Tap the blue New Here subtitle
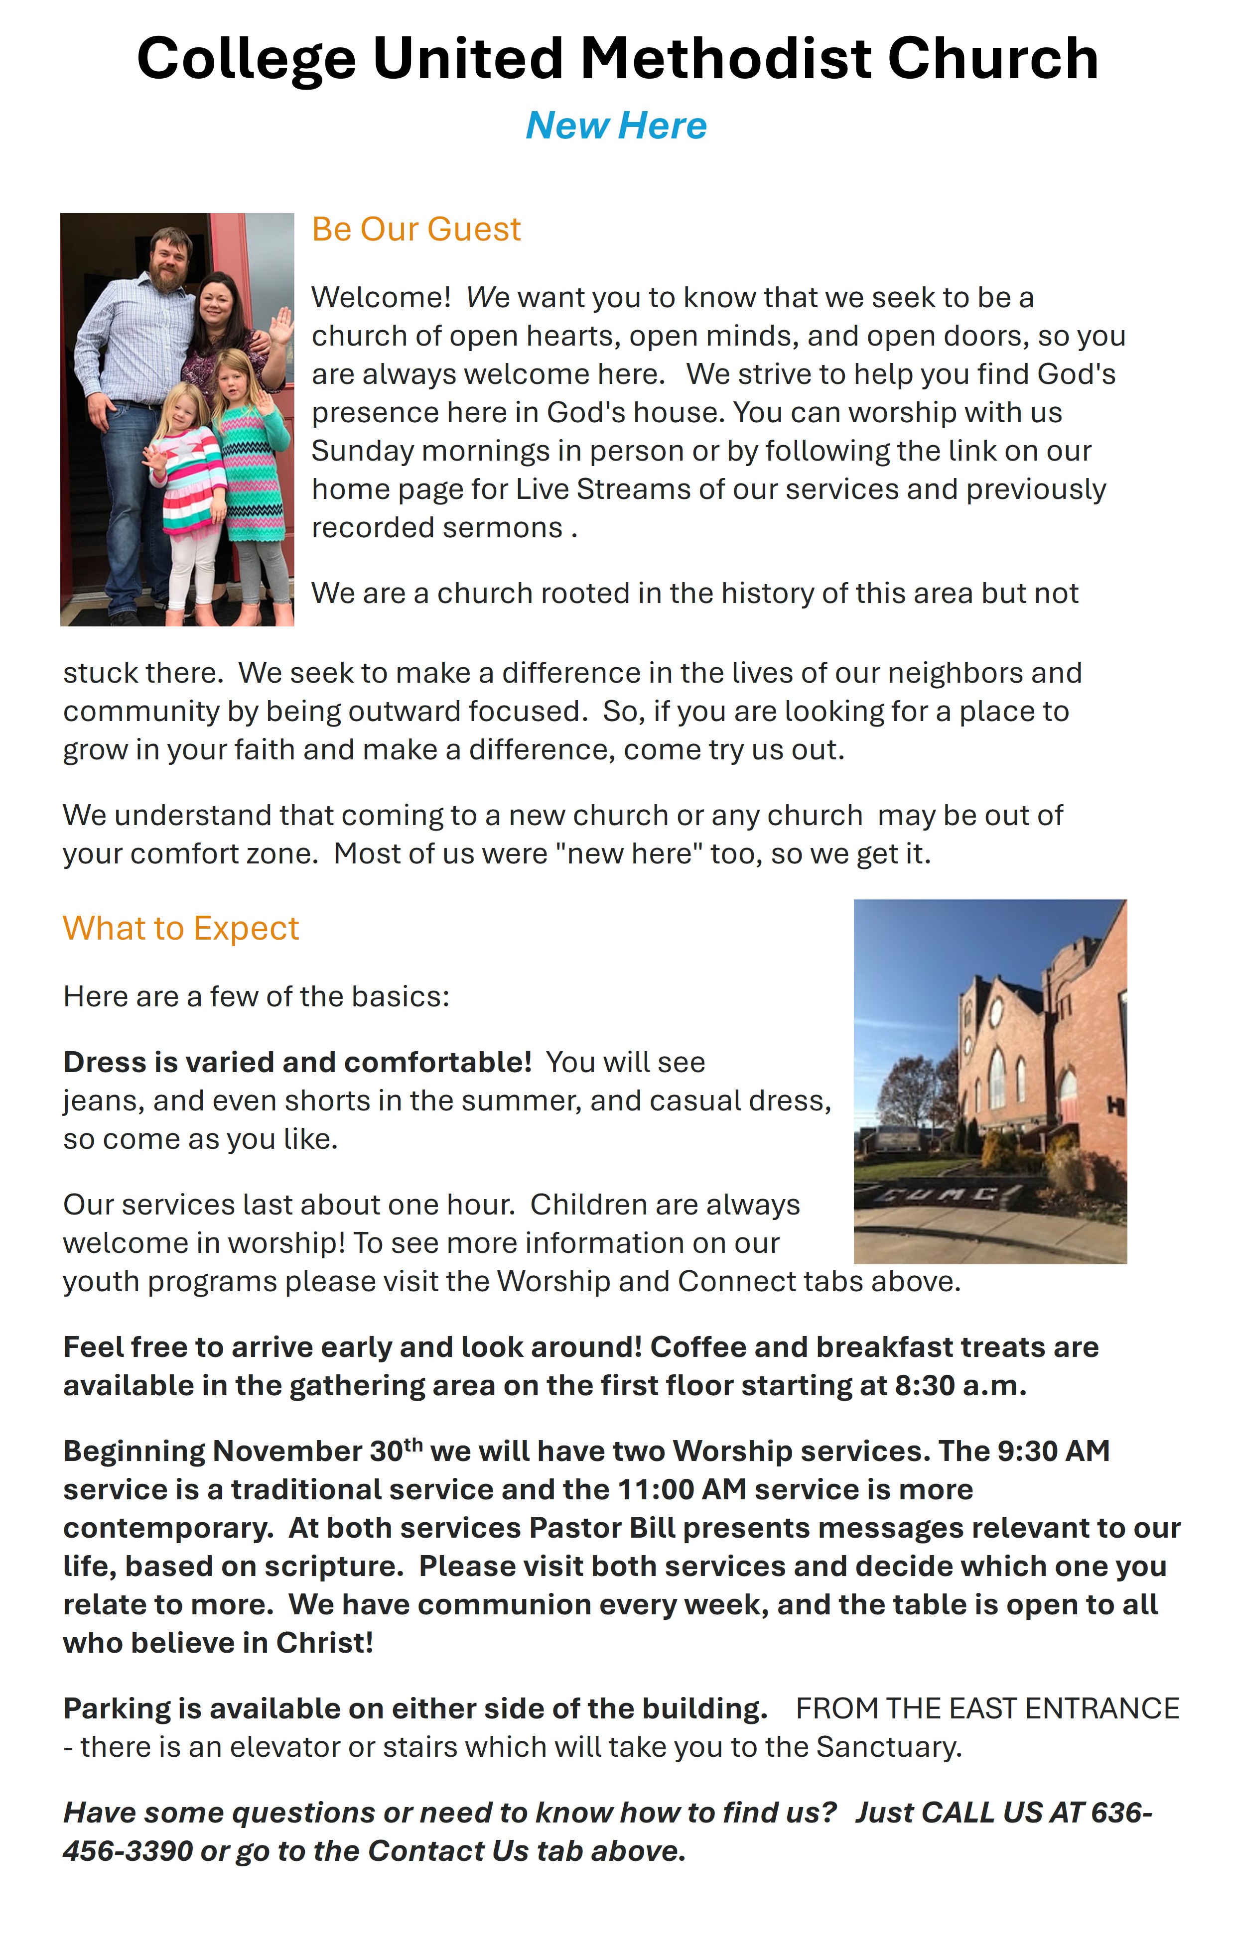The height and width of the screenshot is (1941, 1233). point(616,126)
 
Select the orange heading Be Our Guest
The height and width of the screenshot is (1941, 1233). point(416,230)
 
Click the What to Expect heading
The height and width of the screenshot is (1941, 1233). point(181,929)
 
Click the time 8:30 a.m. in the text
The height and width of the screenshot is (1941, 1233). point(959,1386)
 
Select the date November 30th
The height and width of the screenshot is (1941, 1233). point(316,1451)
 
